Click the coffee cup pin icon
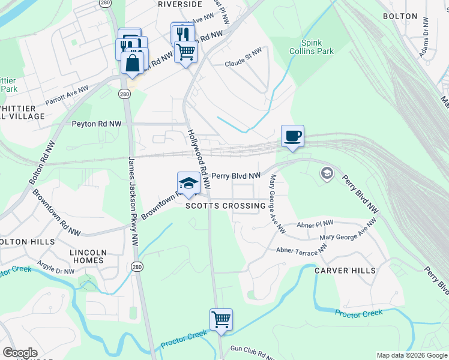click(x=292, y=136)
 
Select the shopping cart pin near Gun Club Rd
click(x=221, y=319)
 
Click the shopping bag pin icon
click(x=132, y=62)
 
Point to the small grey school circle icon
click(x=327, y=174)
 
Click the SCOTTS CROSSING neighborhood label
click(x=225, y=206)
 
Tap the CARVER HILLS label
click(x=345, y=271)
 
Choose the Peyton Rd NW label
click(x=97, y=124)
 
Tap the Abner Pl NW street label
click(x=315, y=224)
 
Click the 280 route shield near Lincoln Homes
click(x=137, y=266)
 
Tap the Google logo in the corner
click(x=20, y=353)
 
